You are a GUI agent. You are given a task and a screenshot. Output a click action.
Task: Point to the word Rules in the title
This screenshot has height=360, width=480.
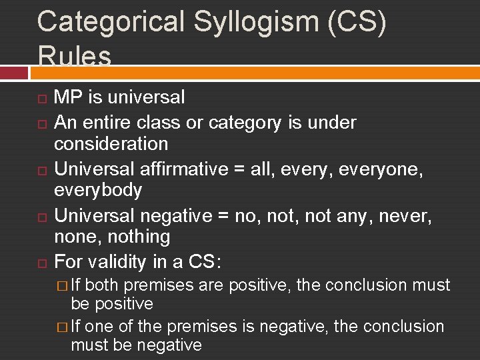(75, 56)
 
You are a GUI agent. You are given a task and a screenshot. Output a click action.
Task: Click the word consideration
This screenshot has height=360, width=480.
(111, 143)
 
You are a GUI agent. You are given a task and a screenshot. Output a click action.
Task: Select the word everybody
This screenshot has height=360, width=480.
(98, 190)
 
